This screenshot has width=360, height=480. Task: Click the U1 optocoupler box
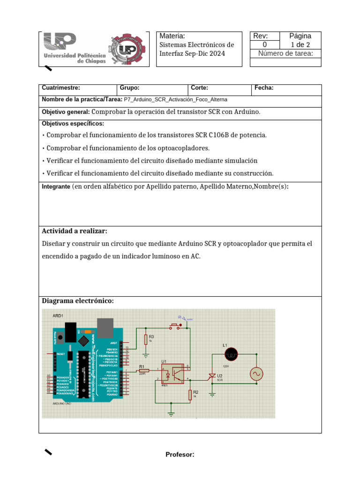[x=172, y=373]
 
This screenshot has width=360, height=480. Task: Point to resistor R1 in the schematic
[x=143, y=370]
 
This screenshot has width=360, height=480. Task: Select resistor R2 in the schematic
[x=190, y=395]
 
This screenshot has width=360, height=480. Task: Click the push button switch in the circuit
[x=174, y=327]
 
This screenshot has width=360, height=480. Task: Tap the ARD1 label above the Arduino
[x=58, y=316]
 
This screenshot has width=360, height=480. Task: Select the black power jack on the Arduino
[x=70, y=331]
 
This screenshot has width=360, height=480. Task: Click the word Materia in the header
[x=172, y=36]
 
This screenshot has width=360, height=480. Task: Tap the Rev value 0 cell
[x=264, y=45]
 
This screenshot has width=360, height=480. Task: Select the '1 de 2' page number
[x=300, y=45]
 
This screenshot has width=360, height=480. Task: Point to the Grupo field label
[x=129, y=88]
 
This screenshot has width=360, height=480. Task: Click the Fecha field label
[x=264, y=88]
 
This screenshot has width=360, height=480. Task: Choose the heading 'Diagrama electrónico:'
[x=78, y=300]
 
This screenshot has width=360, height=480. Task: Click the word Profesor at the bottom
[x=180, y=454]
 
